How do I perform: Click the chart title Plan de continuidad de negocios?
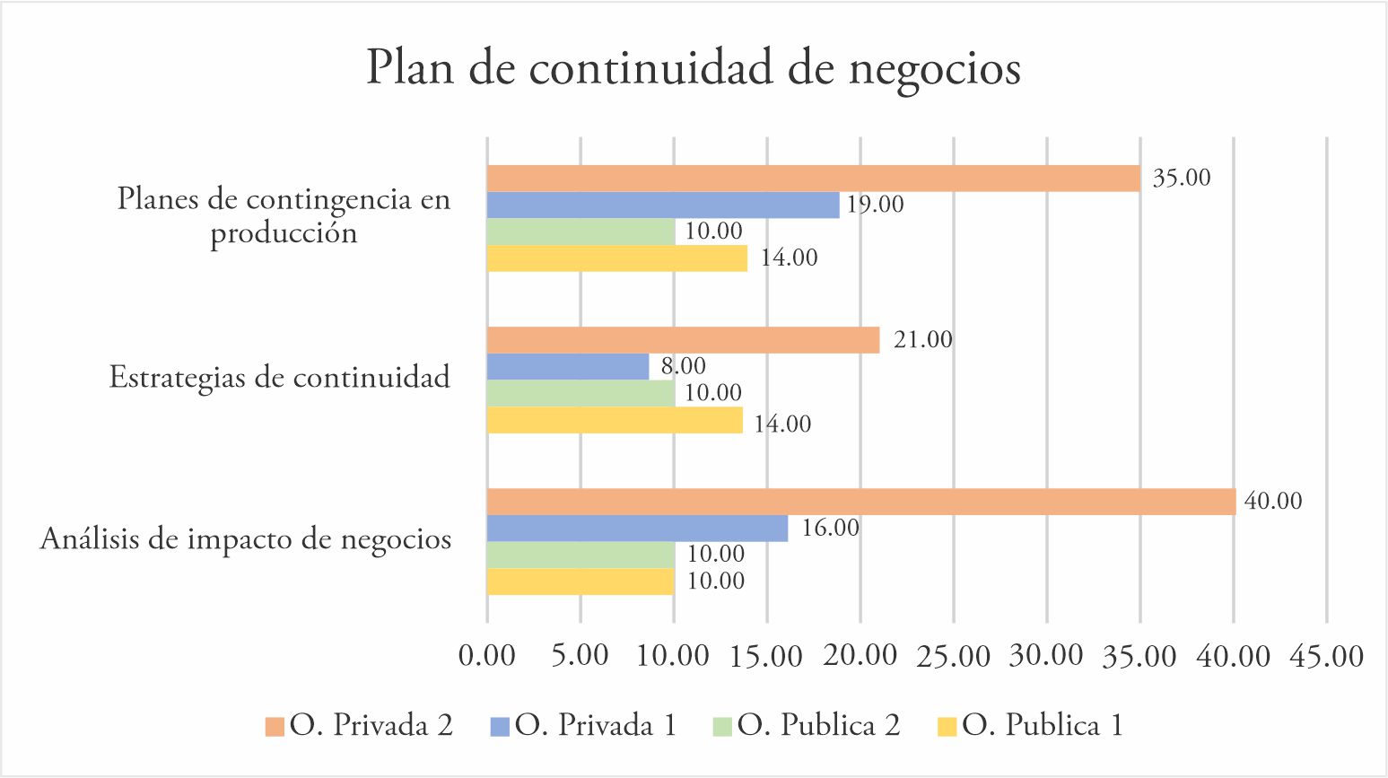[x=693, y=69]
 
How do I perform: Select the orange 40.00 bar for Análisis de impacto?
[x=860, y=502]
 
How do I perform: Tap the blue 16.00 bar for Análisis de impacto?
[x=637, y=529]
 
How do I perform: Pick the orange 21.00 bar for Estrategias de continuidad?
[x=683, y=340]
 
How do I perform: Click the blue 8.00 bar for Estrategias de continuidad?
[x=567, y=366]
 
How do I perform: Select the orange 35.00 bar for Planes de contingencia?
[x=813, y=179]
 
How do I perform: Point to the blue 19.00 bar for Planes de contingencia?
[x=663, y=205]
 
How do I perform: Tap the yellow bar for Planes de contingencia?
[x=616, y=258]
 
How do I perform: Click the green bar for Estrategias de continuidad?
[x=581, y=393]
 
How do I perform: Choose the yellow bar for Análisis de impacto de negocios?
[x=580, y=581]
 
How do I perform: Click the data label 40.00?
[x=1272, y=501]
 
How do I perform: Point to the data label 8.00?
[x=683, y=366]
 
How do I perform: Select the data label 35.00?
[x=1181, y=178]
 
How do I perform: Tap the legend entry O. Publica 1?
[x=1042, y=725]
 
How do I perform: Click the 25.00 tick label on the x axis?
[x=953, y=656]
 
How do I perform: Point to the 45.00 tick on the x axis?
[x=1326, y=656]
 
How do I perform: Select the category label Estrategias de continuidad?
[x=279, y=377]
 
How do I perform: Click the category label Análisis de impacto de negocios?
[x=246, y=539]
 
